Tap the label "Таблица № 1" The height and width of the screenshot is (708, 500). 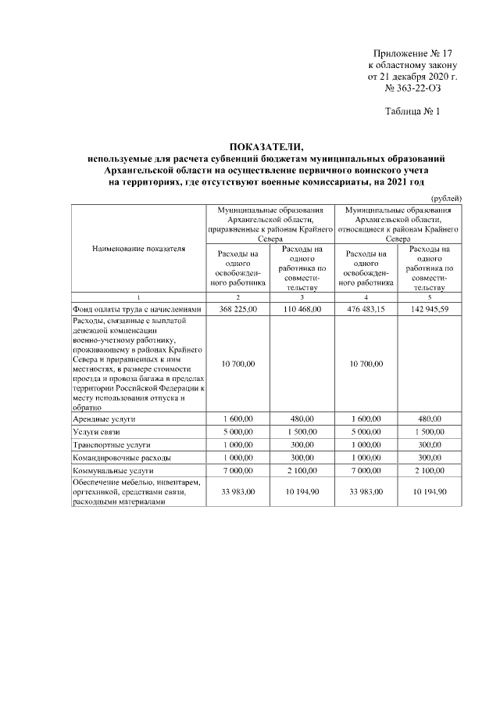413,112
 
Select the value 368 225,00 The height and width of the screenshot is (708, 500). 238,310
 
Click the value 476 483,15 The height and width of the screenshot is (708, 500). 365,310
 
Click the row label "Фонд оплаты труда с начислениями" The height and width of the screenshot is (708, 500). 137,310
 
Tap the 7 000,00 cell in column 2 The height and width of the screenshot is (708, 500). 238,471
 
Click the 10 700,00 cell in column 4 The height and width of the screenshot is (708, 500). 365,364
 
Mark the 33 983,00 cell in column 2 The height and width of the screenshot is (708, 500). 238,492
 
